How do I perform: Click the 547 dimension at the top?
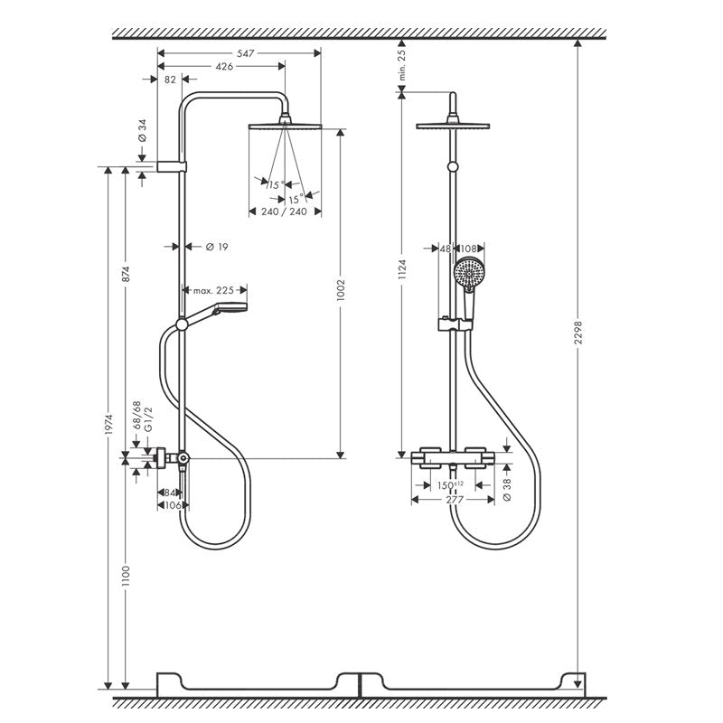[245, 53]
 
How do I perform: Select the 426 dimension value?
[224, 67]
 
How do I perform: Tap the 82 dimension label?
[170, 80]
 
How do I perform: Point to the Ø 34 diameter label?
[143, 130]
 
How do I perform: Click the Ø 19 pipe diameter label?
[217, 247]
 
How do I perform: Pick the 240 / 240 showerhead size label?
[284, 211]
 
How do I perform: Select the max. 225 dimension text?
[213, 290]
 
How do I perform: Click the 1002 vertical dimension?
[341, 290]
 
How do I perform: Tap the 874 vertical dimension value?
[126, 274]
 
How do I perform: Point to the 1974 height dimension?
[108, 424]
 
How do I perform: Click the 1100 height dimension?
[126, 577]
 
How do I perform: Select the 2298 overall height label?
[578, 333]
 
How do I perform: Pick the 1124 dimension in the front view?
[402, 269]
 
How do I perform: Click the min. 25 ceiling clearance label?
[402, 65]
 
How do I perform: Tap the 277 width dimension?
[455, 500]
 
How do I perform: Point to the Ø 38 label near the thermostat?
[507, 490]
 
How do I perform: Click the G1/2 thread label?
[148, 419]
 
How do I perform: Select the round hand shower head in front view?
[469, 274]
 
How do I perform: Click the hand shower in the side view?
[214, 315]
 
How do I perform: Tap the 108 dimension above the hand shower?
[468, 249]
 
